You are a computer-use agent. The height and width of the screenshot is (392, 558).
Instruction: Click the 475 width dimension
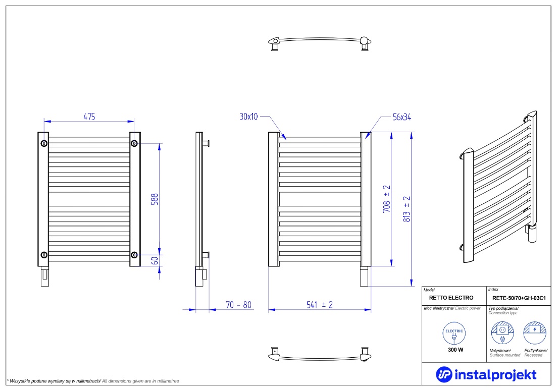pos(89,117)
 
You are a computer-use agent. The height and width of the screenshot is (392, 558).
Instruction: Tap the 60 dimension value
pos(156,261)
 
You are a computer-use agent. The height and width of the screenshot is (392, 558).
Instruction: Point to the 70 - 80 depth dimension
pos(238,305)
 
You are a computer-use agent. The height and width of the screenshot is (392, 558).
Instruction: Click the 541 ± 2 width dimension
pos(319,305)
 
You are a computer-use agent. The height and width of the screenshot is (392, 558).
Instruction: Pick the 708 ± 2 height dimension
pos(387,199)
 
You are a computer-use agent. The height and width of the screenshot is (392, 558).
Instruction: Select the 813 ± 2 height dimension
pos(408,209)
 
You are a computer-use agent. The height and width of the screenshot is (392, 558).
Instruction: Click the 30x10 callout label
pos(248,117)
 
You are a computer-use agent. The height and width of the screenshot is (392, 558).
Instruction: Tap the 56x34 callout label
pos(402,117)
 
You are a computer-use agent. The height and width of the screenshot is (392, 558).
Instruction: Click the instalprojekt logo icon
pos(444,374)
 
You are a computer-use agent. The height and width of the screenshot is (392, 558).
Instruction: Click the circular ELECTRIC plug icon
pos(453,333)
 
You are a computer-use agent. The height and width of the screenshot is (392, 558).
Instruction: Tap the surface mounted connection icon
pos(502,332)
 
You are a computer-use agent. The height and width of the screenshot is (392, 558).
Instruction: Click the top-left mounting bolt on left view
pos(44,143)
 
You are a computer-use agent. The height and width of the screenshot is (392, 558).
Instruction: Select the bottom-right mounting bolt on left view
pos(134,254)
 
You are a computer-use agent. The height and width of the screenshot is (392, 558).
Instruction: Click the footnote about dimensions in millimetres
pos(93,381)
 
